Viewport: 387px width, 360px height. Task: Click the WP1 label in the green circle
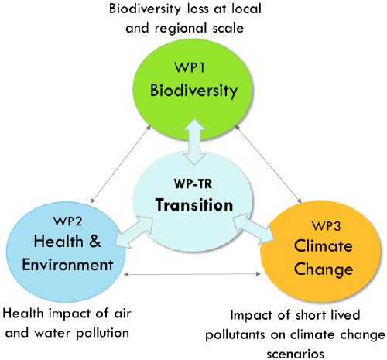coord(190,67)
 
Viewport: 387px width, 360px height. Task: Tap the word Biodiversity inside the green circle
coord(193,91)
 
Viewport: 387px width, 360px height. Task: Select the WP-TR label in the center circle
coord(193,183)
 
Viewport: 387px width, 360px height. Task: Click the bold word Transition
coord(194,205)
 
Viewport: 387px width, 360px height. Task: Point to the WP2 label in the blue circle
coord(67,221)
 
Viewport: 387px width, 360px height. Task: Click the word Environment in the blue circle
coord(67,265)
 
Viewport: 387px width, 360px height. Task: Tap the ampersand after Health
coord(95,242)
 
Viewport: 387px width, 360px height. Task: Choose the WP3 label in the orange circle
coord(326,226)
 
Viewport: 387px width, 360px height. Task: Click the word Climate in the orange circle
coord(323,245)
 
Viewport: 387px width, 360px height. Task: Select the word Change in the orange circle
coord(324,269)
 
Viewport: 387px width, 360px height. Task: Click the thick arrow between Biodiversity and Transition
coord(194,142)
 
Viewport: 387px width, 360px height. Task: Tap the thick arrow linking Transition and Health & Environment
coord(134,232)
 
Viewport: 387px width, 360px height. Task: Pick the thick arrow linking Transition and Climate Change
coord(253,228)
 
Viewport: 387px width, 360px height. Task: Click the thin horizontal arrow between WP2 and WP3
coord(192,274)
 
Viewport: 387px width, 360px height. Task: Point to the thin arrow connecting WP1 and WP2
coord(121,164)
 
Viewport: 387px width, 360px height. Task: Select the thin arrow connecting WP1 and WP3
coord(268,164)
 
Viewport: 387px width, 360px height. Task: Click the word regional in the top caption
coord(180,29)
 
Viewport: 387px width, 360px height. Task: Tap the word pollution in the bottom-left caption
coord(103,334)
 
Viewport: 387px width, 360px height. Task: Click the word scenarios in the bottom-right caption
coord(296,354)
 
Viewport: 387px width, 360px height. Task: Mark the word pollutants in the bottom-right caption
coord(235,335)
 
